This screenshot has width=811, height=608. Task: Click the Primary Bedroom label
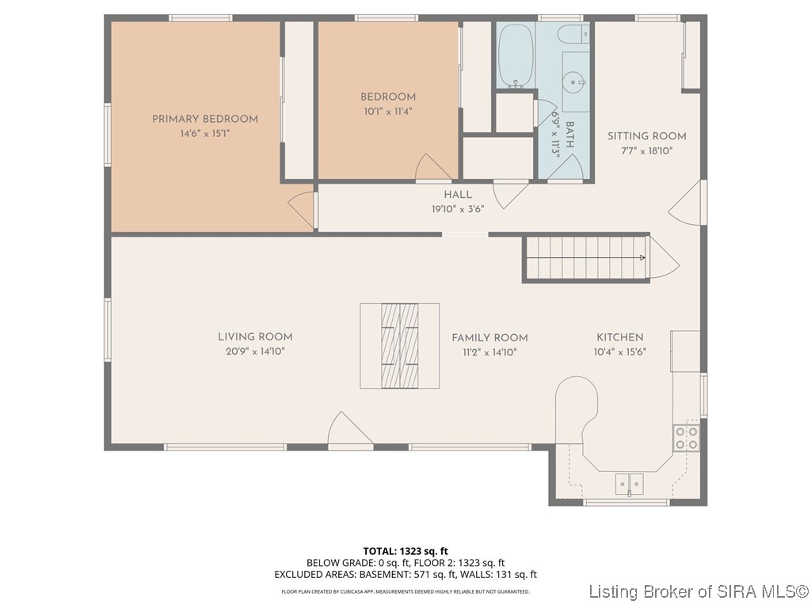click(x=205, y=119)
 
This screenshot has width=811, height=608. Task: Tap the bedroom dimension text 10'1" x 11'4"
click(x=388, y=111)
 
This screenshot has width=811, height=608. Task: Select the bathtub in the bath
click(x=516, y=56)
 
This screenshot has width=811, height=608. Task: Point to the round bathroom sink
click(x=575, y=82)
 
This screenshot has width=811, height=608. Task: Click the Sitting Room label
click(x=646, y=136)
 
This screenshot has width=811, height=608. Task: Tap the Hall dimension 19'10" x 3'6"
click(x=458, y=209)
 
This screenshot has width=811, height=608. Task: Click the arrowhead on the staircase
click(x=642, y=257)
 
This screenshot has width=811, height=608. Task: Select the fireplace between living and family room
click(x=400, y=346)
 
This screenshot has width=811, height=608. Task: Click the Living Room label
click(x=255, y=337)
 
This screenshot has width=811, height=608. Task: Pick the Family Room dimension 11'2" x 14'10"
click(x=489, y=352)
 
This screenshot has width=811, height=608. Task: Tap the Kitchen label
click(x=619, y=337)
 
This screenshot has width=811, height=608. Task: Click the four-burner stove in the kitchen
click(x=687, y=438)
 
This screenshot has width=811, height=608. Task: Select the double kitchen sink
click(x=630, y=484)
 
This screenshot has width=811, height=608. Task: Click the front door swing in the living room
click(x=349, y=428)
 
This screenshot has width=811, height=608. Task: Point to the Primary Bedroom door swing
click(x=302, y=209)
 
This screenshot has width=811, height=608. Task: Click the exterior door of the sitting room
click(x=687, y=203)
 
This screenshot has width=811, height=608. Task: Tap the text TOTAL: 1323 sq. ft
click(x=405, y=551)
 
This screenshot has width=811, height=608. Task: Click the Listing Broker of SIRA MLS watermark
click(x=699, y=591)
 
